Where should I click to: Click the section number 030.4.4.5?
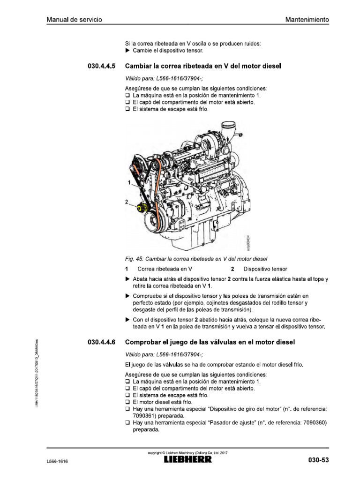pyautogui.click(x=102, y=67)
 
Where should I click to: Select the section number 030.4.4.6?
pyautogui.click(x=102, y=343)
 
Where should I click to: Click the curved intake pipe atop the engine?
pyautogui.click(x=229, y=128)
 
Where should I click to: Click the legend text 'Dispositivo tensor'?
pyautogui.click(x=265, y=269)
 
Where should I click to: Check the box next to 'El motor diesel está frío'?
pyautogui.click(x=127, y=402)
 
